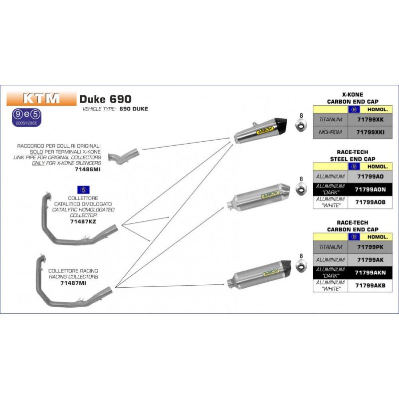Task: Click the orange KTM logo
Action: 41,98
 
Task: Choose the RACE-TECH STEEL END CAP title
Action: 353,156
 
